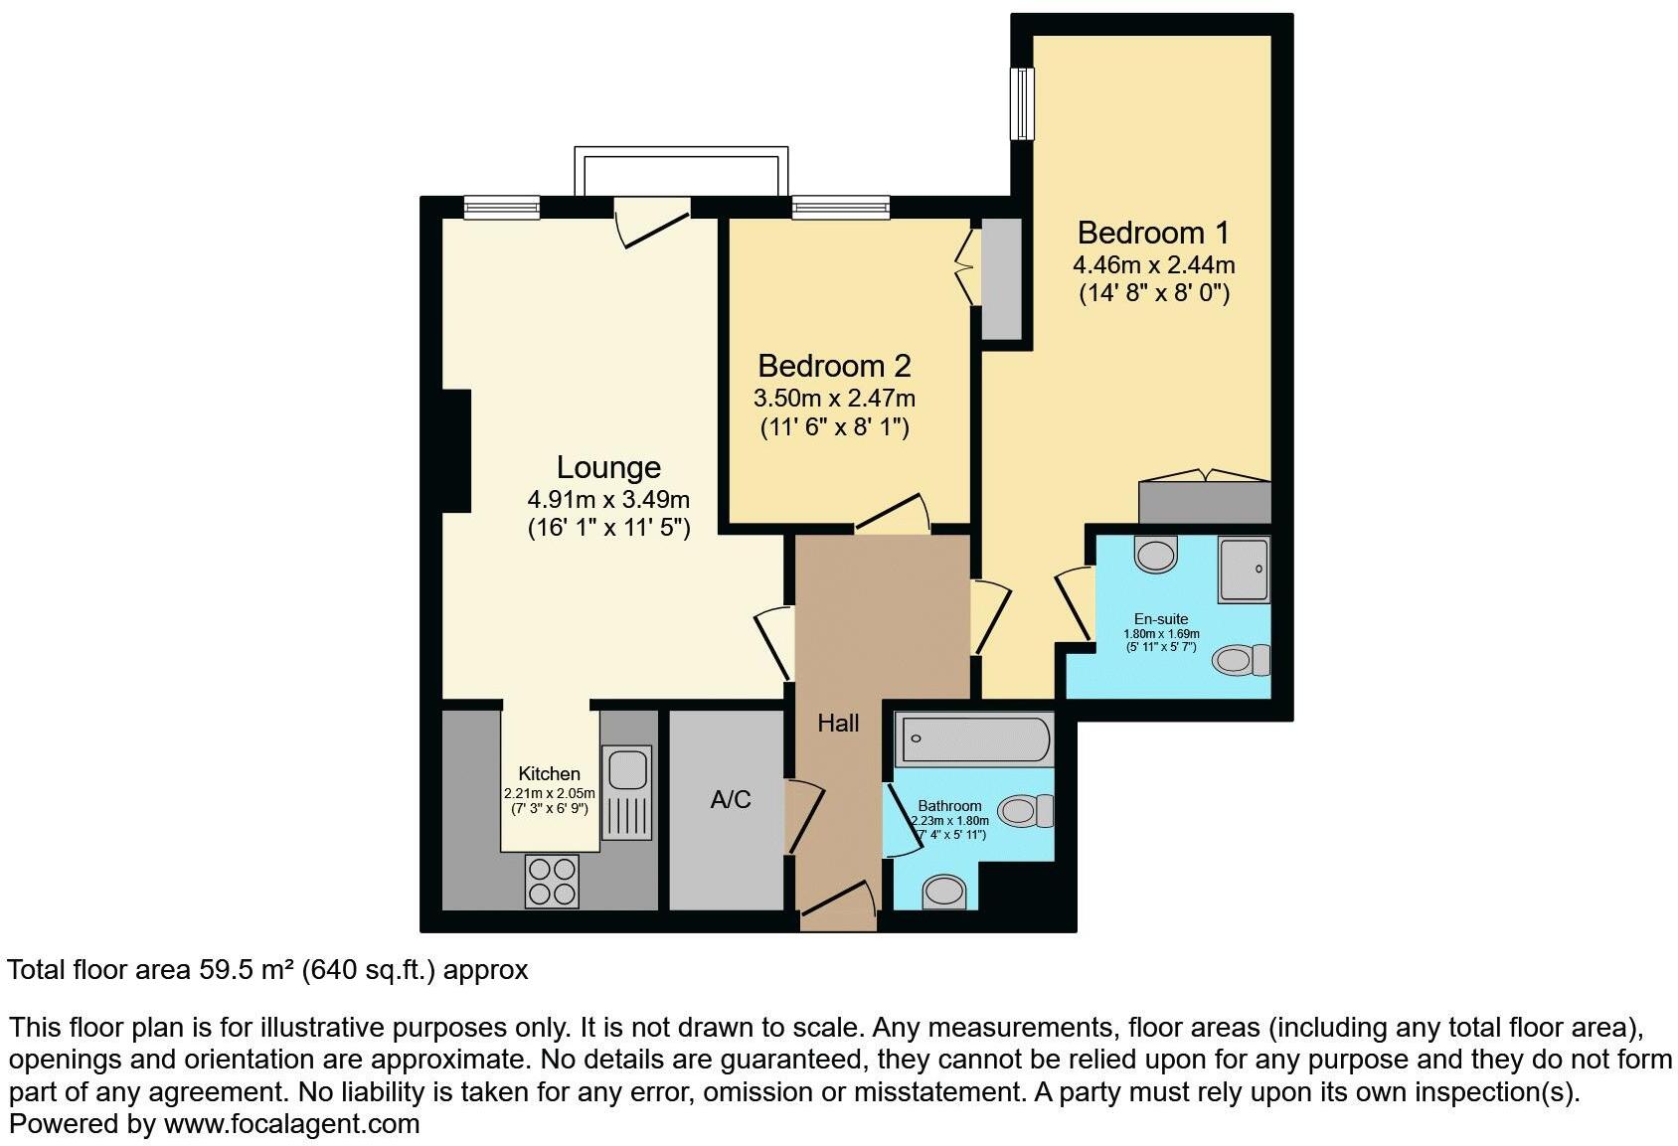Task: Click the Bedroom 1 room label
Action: point(1153,233)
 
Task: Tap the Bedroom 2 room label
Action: point(834,366)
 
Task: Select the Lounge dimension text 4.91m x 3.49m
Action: point(608,499)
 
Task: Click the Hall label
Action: point(838,724)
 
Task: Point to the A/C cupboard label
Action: point(731,799)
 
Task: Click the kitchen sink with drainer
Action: point(627,791)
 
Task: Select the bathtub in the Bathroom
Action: point(975,739)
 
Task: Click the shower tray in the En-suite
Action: point(1245,571)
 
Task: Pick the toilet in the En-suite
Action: point(1242,660)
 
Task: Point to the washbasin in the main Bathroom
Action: point(943,892)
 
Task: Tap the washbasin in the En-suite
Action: point(1155,555)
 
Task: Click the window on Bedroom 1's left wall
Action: point(1022,103)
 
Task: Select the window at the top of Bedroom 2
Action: point(840,208)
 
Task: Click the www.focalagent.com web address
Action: point(291,1124)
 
